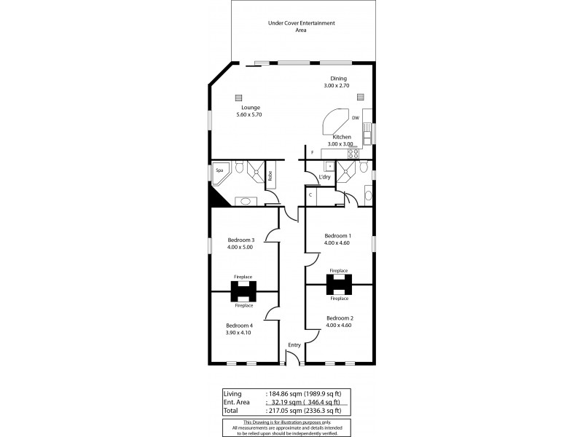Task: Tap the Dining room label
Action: pos(337,79)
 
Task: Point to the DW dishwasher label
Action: pos(355,118)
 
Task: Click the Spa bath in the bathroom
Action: pos(221,172)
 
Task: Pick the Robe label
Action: pos(270,176)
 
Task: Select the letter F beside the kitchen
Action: pos(312,152)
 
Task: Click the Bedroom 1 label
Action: pos(337,235)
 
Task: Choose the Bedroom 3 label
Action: pos(240,240)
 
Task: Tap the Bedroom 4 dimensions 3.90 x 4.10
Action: pos(239,333)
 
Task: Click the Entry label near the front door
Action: pos(294,345)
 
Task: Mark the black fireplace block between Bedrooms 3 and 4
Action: pos(243,291)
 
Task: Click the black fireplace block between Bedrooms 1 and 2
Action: pos(339,284)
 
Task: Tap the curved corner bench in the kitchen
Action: pos(335,121)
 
